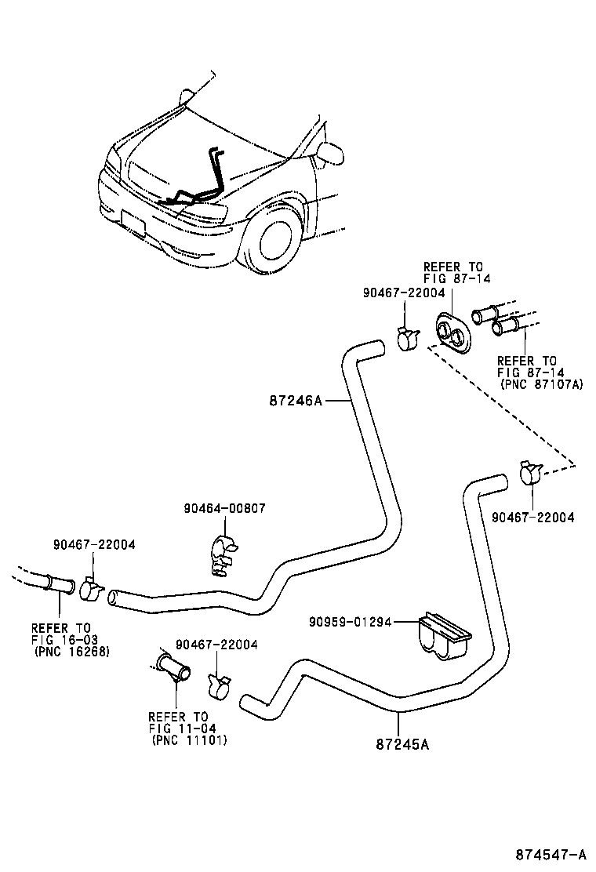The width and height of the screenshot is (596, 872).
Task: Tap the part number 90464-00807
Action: click(x=224, y=508)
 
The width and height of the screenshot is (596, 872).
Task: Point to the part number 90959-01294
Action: click(x=349, y=622)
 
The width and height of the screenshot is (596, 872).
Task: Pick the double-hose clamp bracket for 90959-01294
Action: click(x=444, y=634)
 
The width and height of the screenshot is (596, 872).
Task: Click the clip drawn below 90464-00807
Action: click(x=222, y=554)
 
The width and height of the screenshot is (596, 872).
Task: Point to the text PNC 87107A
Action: click(x=541, y=385)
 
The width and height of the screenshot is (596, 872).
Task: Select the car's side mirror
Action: click(x=329, y=153)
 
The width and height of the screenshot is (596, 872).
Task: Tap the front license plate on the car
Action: click(x=134, y=223)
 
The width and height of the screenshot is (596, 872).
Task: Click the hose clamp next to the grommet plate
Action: click(x=407, y=340)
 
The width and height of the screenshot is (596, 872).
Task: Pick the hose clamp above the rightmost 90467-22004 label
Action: click(x=530, y=473)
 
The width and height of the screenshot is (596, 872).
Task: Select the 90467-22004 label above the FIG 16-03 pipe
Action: click(x=94, y=543)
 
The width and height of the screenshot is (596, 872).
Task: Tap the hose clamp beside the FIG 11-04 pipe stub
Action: click(x=219, y=684)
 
